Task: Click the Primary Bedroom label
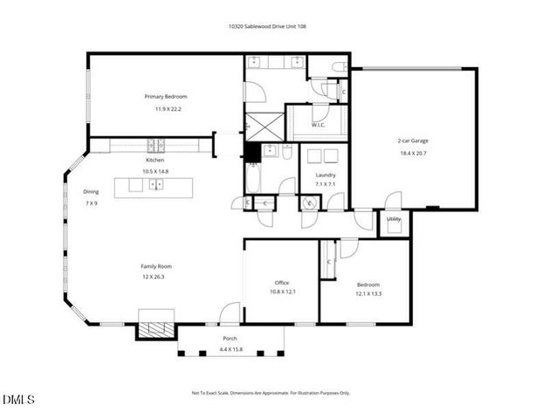166,96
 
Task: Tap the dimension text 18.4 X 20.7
413,153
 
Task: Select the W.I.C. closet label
318,124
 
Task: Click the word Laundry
325,175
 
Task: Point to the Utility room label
394,219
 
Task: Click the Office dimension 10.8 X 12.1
282,292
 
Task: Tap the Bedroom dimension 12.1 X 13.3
368,293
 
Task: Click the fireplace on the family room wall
155,331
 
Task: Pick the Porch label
230,338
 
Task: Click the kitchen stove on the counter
155,145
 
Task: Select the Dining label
91,191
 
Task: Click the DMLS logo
19,400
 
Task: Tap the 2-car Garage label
413,141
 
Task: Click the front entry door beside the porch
229,314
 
